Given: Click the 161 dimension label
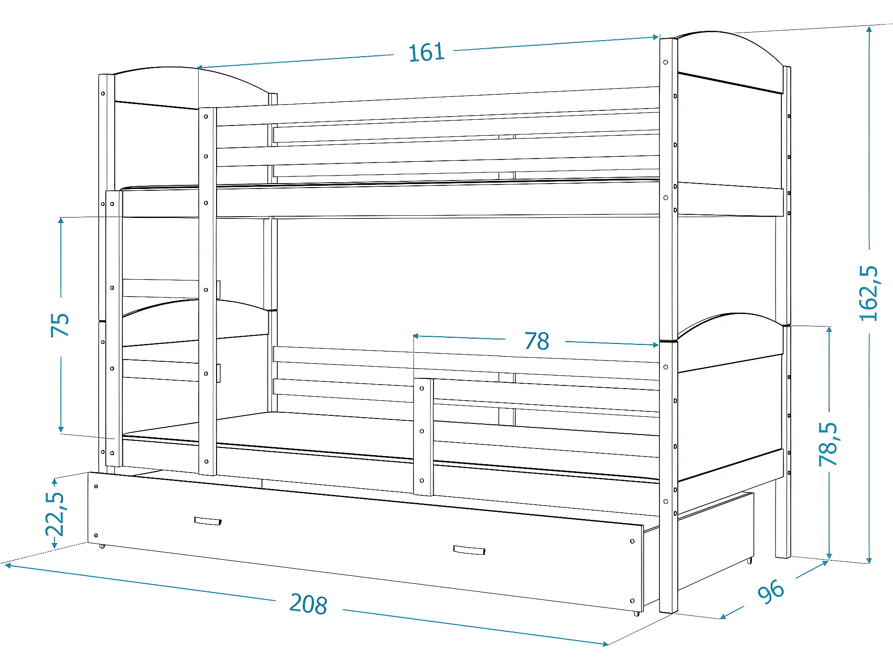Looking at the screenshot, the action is pos(426,52).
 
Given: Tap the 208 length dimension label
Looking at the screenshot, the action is pos(308,604).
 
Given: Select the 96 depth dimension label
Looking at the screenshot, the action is pos(771,591).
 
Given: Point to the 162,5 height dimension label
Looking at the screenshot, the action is pos(868,293).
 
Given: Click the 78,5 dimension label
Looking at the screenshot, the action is pos(828,444).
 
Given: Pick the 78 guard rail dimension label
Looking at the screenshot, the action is pos(536,341).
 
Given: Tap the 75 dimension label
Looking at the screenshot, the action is pos(60,325).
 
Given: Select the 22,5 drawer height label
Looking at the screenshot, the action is pos(55,514).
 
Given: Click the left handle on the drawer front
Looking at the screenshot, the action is pos(208,521).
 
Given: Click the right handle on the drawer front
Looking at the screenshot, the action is pos(469,550).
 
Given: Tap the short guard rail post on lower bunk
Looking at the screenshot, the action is pos(423,436).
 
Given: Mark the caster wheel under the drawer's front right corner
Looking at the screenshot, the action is pos(636,614).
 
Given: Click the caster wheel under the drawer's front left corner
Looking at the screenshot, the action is pos(102,546).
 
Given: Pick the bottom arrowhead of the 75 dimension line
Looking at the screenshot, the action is pos(61,430).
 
